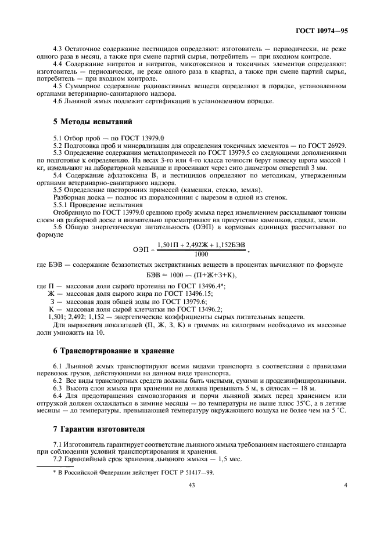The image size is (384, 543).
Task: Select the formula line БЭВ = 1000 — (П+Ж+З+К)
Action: [x=192, y=274]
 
